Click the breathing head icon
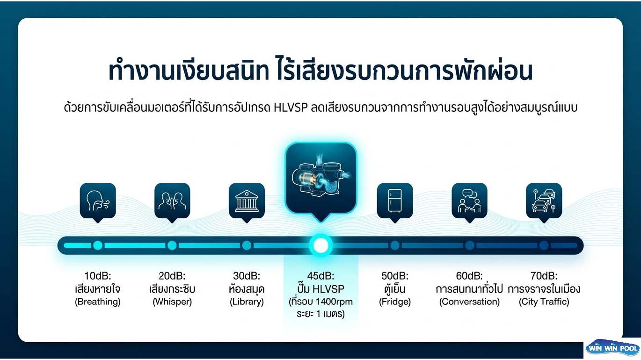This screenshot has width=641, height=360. [x=98, y=201]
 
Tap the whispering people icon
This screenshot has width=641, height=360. [x=172, y=201]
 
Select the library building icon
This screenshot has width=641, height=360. [x=247, y=202]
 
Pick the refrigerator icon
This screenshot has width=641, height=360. [x=395, y=201]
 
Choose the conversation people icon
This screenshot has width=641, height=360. [x=469, y=201]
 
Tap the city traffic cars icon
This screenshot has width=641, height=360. [x=544, y=201]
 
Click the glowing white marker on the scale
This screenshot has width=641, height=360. [x=321, y=245]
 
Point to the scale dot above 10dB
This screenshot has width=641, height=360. [x=98, y=245]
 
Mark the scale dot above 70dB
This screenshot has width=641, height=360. [x=544, y=245]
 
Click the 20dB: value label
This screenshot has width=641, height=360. [x=172, y=276]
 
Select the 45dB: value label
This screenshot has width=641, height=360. [x=321, y=276]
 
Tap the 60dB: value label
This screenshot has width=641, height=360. [x=469, y=276]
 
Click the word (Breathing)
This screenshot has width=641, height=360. [x=98, y=302]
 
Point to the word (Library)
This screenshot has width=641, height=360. [x=247, y=302]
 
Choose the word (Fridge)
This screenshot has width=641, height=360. [x=395, y=302]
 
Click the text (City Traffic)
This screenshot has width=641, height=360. [x=544, y=302]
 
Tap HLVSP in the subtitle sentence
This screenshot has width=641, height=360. [x=291, y=108]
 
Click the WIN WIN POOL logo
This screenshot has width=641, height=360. [x=612, y=348]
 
